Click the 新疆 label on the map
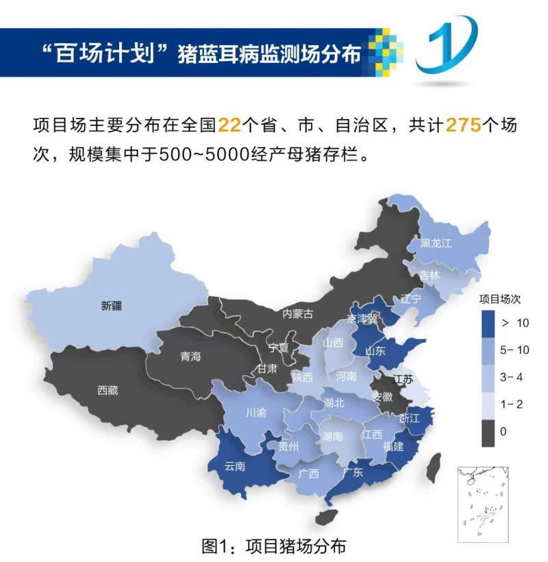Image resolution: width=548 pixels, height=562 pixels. [x=112, y=307]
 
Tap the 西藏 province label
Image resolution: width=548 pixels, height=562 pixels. [x=108, y=391]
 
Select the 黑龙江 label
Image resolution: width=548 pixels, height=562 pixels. [x=436, y=243]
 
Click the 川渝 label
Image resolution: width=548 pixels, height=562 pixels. [x=257, y=413]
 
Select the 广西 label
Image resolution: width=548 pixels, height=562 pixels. [x=309, y=474]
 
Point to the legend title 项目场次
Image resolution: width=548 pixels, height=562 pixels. [x=499, y=299]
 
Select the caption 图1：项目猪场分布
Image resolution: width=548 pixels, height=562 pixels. [x=274, y=546]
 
